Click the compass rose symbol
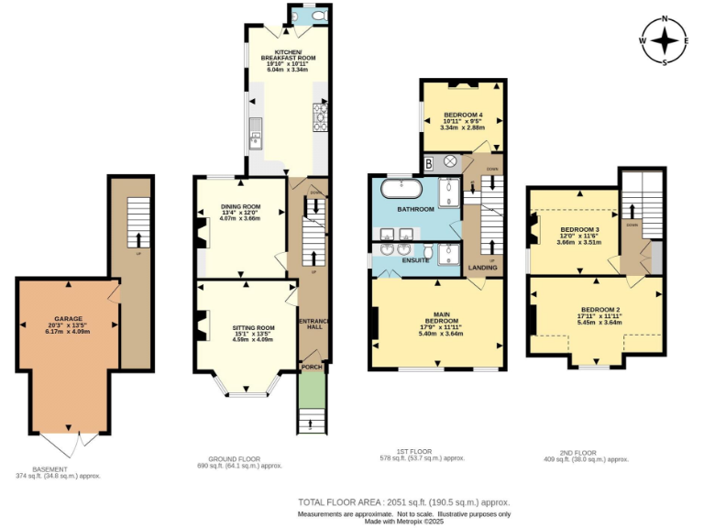[665, 41]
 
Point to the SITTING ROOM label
[254, 327]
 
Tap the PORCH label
[313, 368]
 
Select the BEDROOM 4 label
[463, 115]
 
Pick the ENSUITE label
[414, 260]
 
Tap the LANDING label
[482, 268]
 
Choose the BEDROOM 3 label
[579, 229]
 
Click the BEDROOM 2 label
[599, 310]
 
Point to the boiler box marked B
[428, 163]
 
